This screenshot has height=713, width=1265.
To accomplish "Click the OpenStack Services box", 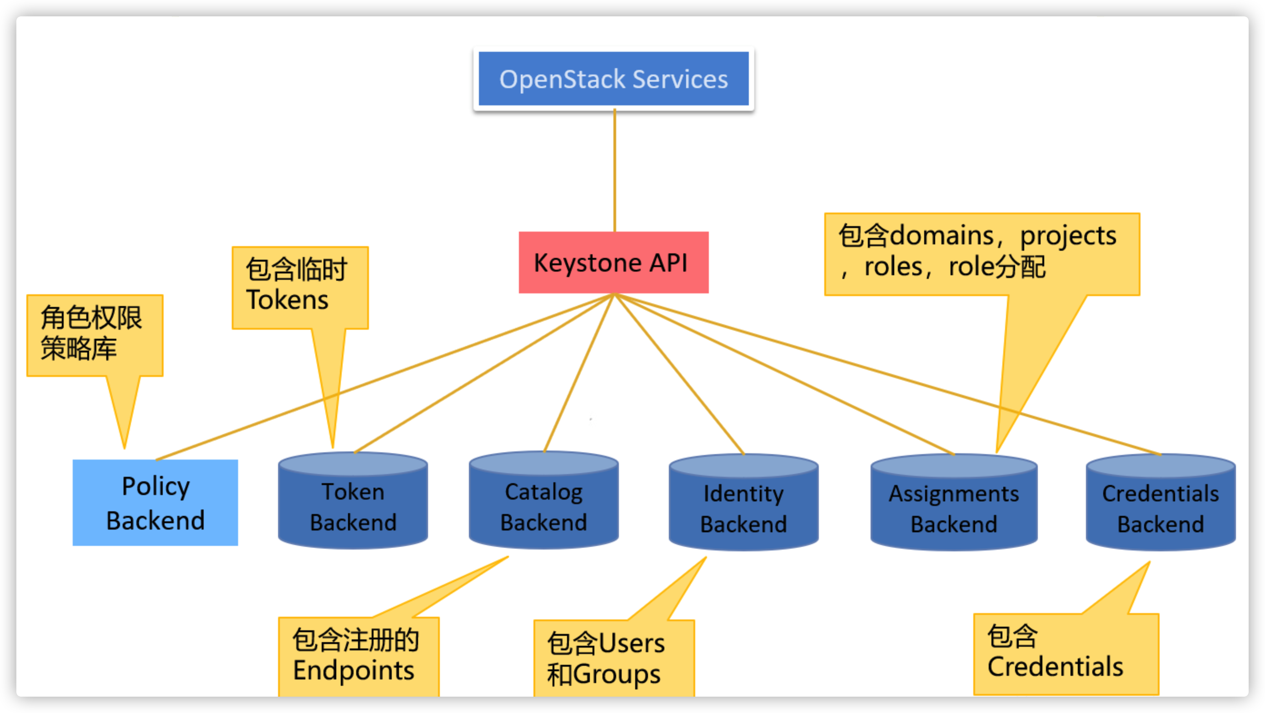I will [613, 79].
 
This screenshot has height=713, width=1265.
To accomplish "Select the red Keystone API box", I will [613, 262].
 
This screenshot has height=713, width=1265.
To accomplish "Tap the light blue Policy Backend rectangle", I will [155, 502].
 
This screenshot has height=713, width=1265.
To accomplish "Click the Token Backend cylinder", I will [353, 505].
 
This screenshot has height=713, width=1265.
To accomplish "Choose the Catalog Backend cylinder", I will [543, 505].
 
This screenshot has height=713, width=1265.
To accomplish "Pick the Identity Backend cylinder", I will [743, 508].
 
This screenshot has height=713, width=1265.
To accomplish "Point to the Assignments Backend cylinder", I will [954, 508].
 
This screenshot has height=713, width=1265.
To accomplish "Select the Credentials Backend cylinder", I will [1160, 508].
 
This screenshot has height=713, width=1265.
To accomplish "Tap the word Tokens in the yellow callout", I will [287, 300].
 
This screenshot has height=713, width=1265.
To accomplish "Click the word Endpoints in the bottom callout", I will [354, 671].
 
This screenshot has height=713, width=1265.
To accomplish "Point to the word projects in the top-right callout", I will [1068, 237].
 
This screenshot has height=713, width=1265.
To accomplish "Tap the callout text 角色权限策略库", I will [91, 333].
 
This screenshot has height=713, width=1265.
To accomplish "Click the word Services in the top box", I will [680, 79].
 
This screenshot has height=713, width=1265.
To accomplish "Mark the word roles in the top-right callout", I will [893, 267].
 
